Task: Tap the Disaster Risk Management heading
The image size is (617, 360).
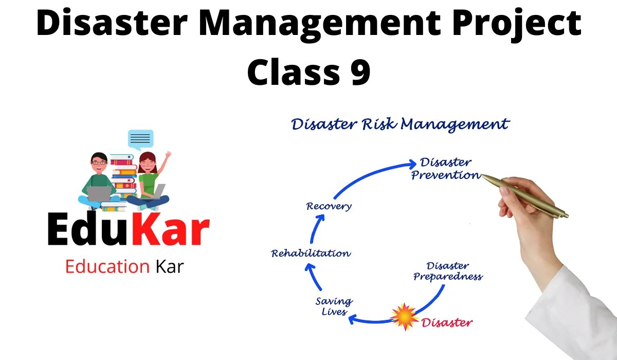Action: point(400,124)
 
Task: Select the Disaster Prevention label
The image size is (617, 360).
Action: point(446,169)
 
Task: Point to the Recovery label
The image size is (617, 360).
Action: point(329,207)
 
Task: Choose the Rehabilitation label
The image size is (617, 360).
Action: point(311,253)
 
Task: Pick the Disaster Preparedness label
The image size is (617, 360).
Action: point(448,271)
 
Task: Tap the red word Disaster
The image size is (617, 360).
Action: point(447,323)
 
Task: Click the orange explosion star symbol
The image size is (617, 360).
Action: point(405,316)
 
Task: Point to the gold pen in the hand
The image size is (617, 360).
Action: point(524,195)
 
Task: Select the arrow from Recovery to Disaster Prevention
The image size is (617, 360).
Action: point(370,172)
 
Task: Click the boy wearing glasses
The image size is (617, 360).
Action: point(98,177)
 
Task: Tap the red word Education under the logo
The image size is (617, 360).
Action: point(107,267)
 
